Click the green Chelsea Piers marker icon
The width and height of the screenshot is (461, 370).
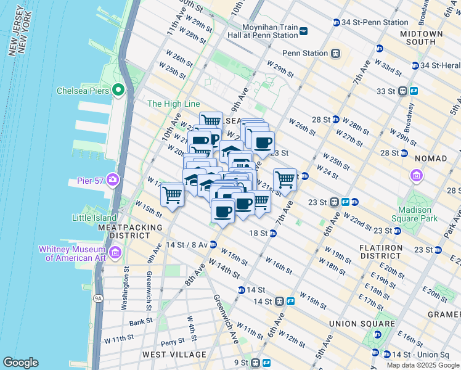[x=118, y=91]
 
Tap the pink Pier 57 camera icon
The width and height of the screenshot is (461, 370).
[x=113, y=180]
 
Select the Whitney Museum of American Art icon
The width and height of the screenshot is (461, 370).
[x=115, y=252]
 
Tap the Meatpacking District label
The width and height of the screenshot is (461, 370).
[x=130, y=232]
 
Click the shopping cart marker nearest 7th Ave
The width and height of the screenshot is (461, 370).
[x=285, y=179]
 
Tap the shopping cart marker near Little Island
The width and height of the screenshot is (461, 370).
[x=172, y=195]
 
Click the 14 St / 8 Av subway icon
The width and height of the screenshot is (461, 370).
[x=213, y=244]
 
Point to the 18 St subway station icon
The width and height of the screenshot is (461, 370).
[x=272, y=233]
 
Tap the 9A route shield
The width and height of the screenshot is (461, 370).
[x=97, y=298]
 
